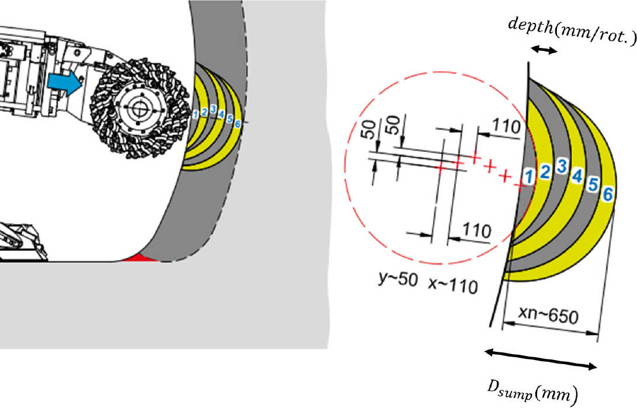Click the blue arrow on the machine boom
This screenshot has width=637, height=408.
[x=65, y=82]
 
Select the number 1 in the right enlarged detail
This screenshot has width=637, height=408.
[x=528, y=177]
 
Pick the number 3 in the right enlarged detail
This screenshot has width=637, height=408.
[x=562, y=166]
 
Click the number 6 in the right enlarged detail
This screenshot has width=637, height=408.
[x=607, y=194]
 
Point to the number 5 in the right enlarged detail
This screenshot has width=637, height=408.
[x=593, y=185]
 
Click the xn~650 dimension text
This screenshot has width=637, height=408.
[x=548, y=315]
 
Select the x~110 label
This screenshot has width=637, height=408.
[x=453, y=285]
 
